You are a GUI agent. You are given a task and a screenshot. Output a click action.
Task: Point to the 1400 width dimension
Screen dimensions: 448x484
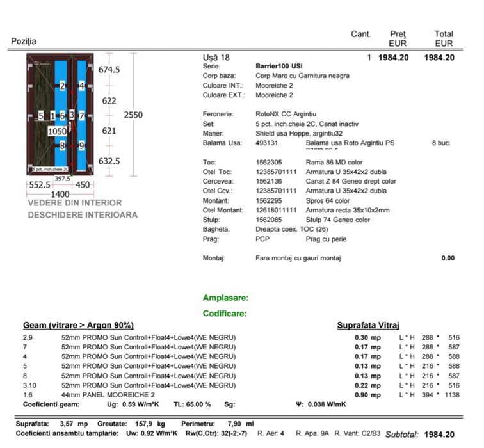pos(60,194)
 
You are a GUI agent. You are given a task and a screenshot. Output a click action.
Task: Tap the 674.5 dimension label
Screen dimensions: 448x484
pos(109,70)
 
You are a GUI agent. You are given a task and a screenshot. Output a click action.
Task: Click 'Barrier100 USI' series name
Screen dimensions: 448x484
pos(279,67)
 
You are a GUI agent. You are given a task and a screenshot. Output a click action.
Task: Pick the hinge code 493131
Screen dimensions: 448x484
pos(266,143)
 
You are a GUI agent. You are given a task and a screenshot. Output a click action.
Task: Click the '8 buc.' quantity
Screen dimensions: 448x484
pos(442,143)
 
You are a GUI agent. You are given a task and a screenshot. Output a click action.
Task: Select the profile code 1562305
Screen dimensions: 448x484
pos(269,163)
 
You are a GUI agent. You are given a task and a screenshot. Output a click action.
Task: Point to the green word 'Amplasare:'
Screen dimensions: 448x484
pos(225,298)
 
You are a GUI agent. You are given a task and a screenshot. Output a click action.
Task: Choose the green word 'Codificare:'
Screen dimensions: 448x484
pos(225,314)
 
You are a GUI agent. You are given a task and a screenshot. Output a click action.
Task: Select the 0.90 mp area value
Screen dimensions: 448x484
pos(367,395)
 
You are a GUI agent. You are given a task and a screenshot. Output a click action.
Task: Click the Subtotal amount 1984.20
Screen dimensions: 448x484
pos(439,435)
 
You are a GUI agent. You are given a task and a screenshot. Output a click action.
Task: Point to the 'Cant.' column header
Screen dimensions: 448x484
pos(361,34)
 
